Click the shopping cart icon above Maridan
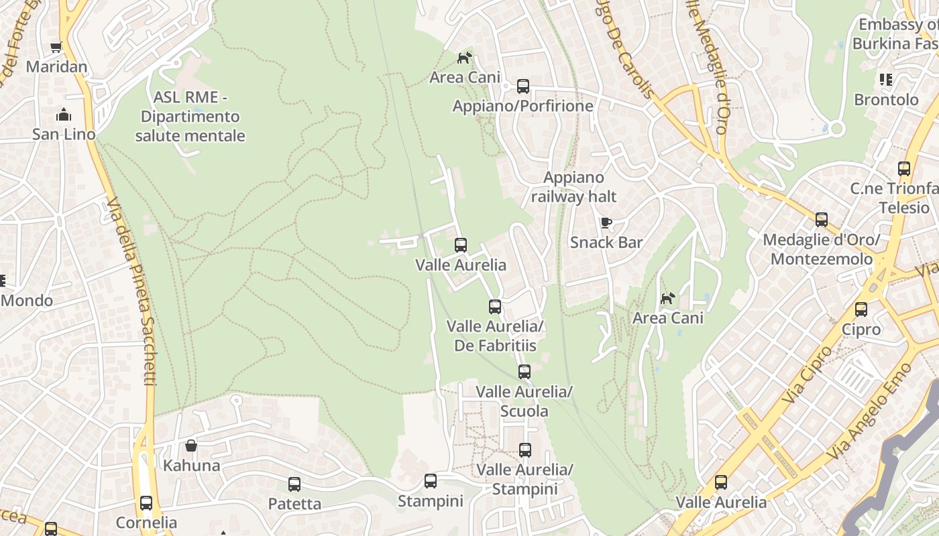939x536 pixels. tap(56, 48)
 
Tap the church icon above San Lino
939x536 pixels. tap(64, 115)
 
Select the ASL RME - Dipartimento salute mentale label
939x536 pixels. tap(190, 117)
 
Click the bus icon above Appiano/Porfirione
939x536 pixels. tap(523, 86)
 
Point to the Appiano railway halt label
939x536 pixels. tap(573, 187)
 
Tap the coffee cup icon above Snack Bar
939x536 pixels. tap(606, 222)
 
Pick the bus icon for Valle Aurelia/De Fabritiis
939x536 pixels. tap(495, 307)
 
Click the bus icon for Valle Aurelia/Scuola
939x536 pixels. tap(524, 371)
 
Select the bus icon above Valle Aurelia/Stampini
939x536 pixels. tap(525, 450)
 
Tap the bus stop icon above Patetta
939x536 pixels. tap(294, 484)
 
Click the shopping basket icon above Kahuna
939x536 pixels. tap(191, 446)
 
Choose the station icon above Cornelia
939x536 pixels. tap(146, 503)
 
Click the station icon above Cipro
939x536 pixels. tap(861, 310)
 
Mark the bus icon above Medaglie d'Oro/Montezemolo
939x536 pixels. tap(822, 220)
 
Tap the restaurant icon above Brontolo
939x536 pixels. tap(886, 80)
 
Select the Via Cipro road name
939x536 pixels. tap(807, 375)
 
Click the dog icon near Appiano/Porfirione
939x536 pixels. tap(464, 58)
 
